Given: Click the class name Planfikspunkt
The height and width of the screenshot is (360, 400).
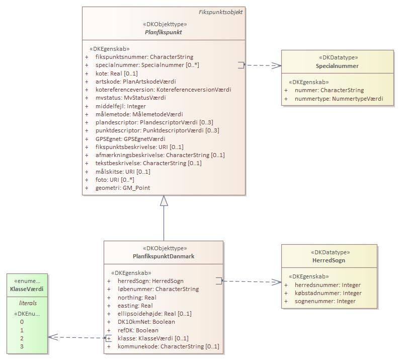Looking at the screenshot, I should coord(164,32).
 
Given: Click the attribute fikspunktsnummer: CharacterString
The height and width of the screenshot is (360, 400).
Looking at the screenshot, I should coord(144,57).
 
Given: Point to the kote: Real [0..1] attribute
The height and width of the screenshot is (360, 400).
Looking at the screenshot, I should coord(116,74).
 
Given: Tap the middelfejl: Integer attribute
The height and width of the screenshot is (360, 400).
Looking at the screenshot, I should coord(120,106).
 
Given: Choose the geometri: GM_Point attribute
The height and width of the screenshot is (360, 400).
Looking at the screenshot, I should coord(122,188).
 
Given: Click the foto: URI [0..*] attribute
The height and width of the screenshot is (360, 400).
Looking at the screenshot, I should coord(115,180).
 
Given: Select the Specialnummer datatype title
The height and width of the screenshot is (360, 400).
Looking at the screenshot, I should coord(337,66).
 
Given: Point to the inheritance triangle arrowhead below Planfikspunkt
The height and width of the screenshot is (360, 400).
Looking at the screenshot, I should coord(164,201).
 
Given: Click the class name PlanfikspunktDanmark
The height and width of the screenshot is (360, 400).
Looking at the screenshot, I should coord(164,256).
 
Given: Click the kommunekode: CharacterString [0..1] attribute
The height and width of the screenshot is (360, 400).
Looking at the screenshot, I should coord(168,346).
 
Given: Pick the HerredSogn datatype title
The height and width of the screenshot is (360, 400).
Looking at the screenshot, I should coord(328,260).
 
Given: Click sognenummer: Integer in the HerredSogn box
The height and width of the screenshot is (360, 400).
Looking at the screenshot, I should coord(325,301).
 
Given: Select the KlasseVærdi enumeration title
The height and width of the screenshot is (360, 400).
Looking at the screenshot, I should coord(27,289).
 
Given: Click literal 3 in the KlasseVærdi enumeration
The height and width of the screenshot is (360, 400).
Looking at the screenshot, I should coord(22,346).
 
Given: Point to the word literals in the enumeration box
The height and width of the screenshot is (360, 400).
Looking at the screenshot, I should coord(28,303).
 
